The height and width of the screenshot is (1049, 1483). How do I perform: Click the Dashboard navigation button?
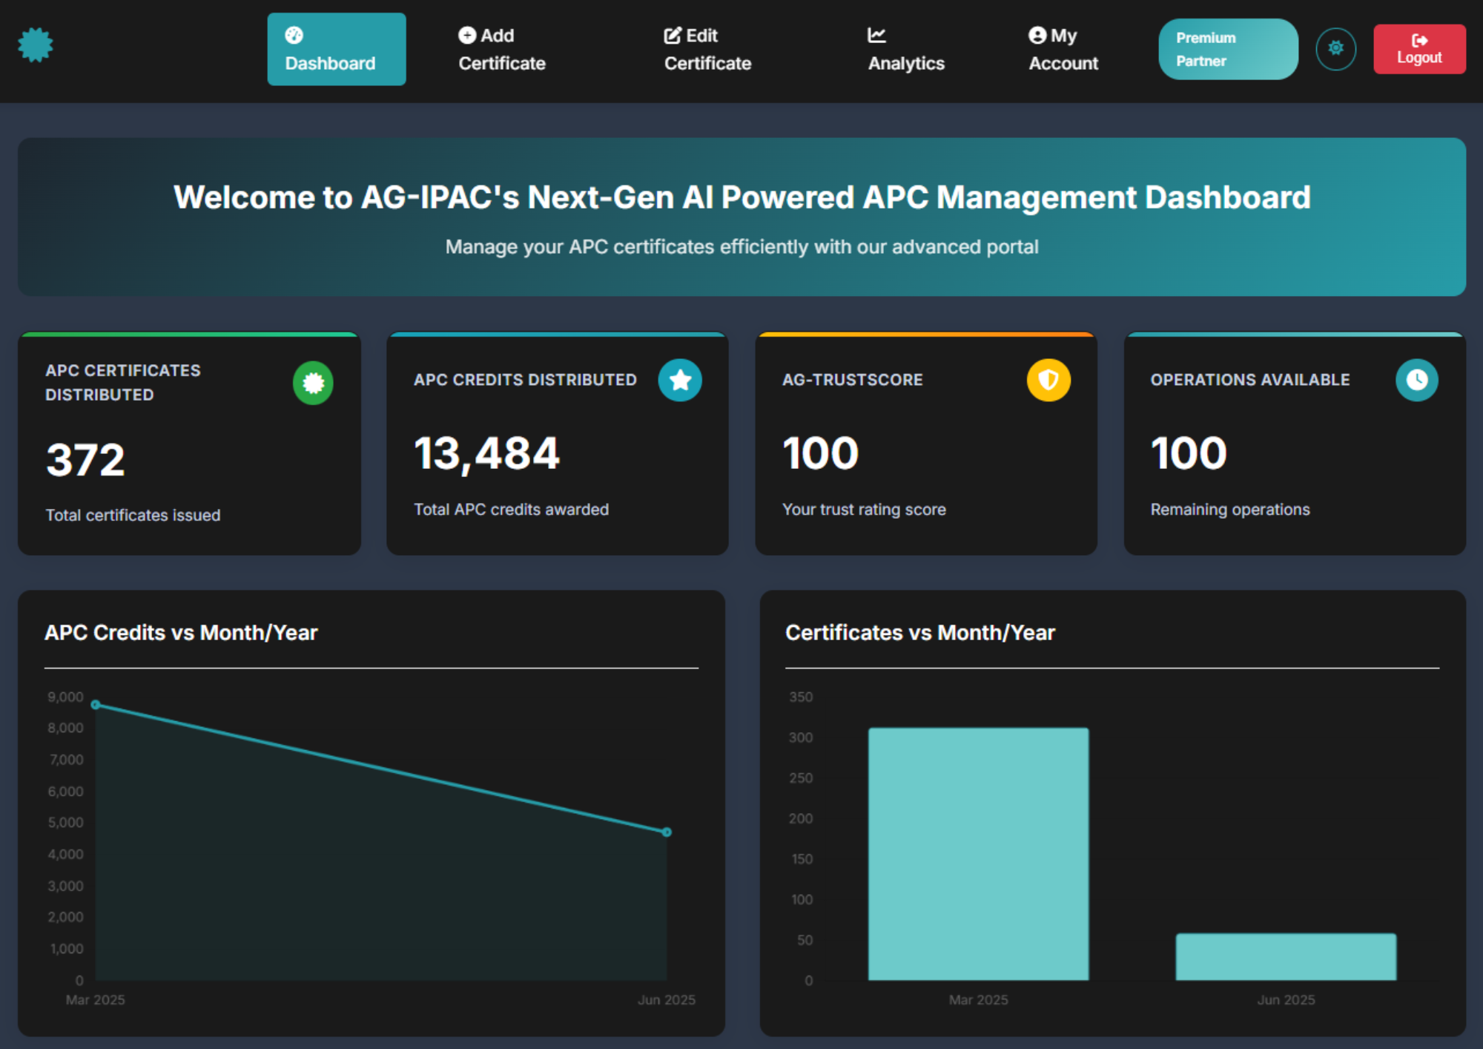336,49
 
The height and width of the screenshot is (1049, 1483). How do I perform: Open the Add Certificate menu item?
501,49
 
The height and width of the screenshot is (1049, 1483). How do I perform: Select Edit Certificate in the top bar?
707,49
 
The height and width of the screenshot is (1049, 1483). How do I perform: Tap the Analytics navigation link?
905,49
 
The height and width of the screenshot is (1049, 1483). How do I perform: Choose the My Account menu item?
1063,49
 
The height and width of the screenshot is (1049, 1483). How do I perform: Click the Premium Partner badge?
1227,49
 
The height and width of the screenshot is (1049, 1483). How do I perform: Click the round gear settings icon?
1335,48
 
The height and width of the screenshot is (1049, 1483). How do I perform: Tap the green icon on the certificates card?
313,383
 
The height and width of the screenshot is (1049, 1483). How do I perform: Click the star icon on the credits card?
679,380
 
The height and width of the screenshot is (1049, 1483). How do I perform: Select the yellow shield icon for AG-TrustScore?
1048,380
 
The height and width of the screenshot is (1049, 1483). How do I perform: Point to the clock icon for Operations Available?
1416,380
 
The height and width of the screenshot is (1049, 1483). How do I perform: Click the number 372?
85,460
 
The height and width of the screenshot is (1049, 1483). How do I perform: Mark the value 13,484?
486,454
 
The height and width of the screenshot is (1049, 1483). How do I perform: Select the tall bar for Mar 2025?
978,853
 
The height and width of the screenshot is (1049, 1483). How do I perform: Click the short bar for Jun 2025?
1285,956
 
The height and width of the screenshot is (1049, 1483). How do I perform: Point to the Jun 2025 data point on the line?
667,832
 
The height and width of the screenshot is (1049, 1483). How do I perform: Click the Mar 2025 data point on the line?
96,704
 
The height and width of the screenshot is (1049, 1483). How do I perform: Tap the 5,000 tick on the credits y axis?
65,822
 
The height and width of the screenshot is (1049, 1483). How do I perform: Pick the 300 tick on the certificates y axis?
800,737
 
